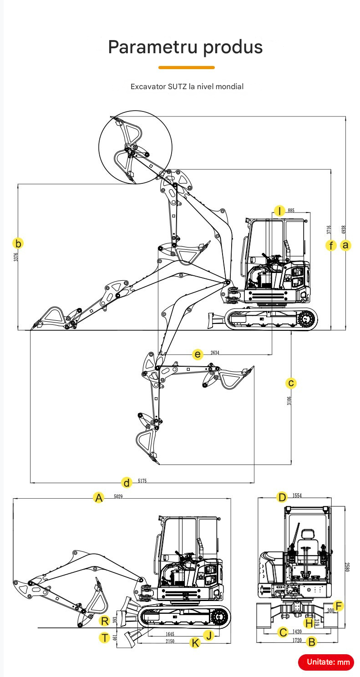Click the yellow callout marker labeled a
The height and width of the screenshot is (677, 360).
click(346, 245)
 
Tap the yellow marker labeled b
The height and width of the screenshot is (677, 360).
click(18, 243)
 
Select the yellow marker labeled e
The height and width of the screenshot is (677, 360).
click(197, 354)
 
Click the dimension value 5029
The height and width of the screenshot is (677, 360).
click(118, 497)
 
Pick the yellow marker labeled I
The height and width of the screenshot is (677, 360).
click(279, 211)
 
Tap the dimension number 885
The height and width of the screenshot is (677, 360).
click(291, 211)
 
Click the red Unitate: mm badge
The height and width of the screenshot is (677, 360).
click(326, 662)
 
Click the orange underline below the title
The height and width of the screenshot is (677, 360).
click(186, 67)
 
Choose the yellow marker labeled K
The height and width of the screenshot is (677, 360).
click(195, 642)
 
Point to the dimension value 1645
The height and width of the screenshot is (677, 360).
click(169, 634)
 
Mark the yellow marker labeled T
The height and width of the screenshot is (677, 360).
click(104, 637)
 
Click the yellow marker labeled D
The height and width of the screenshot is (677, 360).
click(282, 497)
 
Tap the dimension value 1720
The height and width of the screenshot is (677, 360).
click(297, 641)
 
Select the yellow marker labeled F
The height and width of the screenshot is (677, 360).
click(338, 606)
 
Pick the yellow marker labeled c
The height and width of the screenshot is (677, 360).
click(291, 383)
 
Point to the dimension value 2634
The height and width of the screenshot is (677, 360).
click(215, 353)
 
